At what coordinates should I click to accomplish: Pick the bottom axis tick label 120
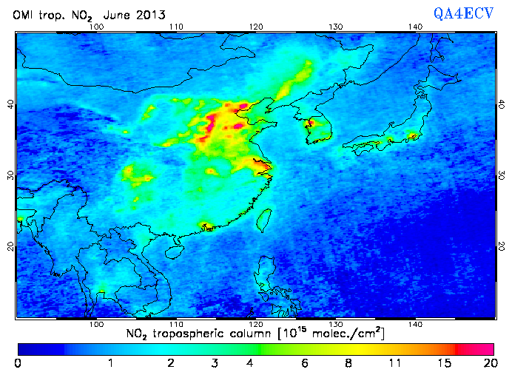(x=256, y=324)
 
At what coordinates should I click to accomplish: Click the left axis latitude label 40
(x=9, y=104)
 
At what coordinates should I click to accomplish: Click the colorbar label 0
(x=18, y=363)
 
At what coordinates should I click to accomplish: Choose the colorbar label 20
(x=488, y=363)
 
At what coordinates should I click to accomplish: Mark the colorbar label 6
(x=305, y=363)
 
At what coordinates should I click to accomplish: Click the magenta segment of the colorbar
(x=477, y=348)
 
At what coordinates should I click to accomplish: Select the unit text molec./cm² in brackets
(x=347, y=334)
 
